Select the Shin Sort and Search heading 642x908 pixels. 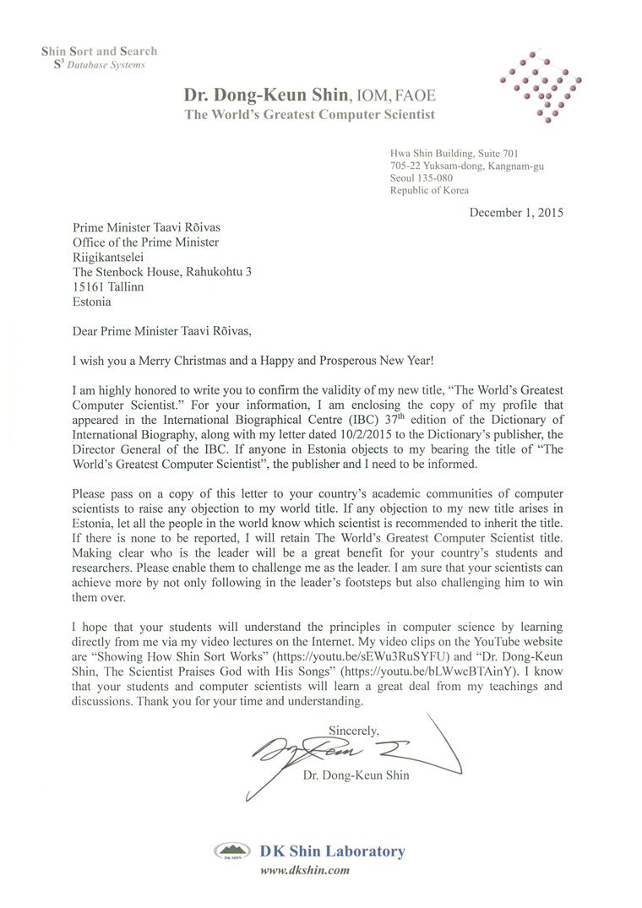(x=99, y=52)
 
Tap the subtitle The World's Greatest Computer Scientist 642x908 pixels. (x=310, y=114)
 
